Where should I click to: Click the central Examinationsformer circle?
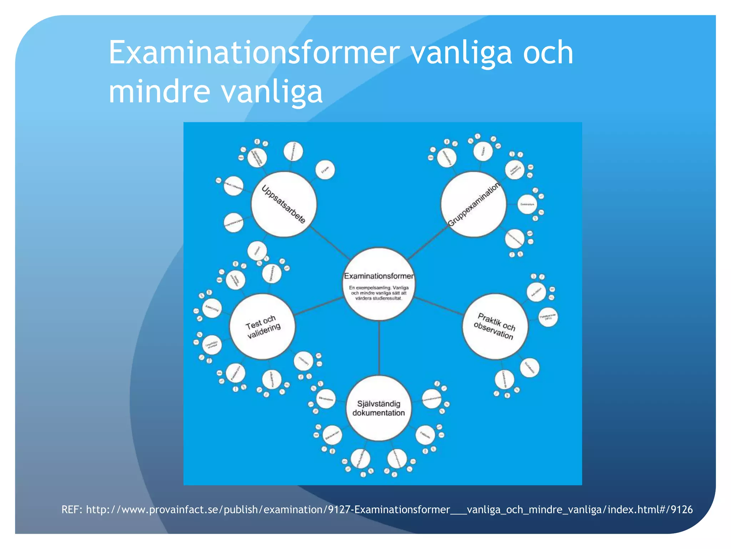(379, 284)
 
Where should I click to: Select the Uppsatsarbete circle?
(284, 204)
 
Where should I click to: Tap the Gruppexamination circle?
(474, 204)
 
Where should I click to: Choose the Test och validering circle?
(262, 326)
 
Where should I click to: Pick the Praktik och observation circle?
(495, 326)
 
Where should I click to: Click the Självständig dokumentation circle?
(379, 408)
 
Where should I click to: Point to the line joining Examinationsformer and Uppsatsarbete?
(330, 243)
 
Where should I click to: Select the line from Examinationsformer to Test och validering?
(319, 306)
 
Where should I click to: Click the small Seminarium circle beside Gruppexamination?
(527, 204)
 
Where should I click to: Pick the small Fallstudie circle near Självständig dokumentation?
(425, 435)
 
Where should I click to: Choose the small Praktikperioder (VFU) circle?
(548, 317)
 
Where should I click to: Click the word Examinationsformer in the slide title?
(252, 53)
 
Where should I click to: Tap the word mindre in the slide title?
(159, 91)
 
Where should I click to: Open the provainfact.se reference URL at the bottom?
(389, 509)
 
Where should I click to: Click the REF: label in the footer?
(72, 509)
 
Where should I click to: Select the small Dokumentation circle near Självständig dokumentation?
(332, 435)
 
